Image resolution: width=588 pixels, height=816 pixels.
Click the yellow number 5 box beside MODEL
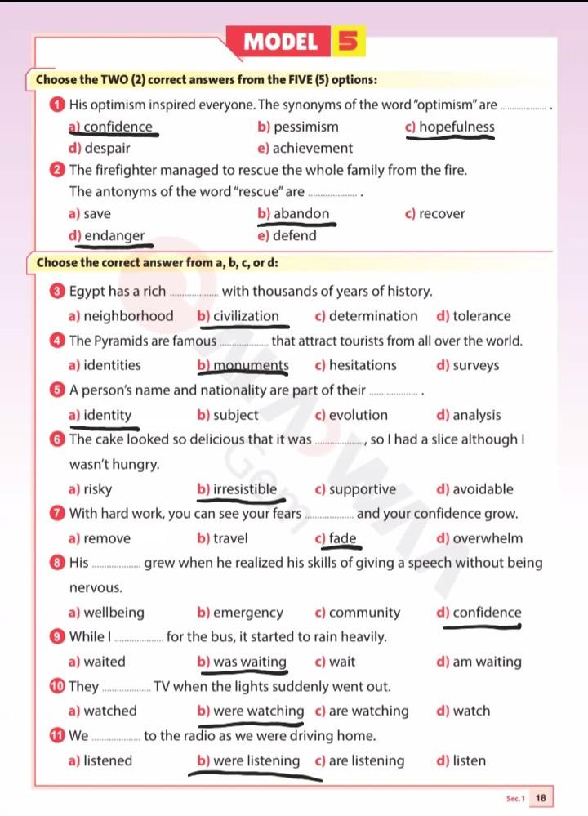click(348, 42)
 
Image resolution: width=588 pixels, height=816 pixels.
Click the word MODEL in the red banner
click(281, 42)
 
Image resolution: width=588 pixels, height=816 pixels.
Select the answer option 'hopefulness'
click(457, 127)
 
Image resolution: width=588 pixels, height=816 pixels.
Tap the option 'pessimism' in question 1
click(305, 127)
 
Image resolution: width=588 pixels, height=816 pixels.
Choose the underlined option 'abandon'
click(301, 214)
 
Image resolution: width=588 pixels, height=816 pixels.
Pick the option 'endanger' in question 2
click(114, 236)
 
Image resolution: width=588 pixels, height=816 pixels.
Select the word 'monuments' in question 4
click(251, 365)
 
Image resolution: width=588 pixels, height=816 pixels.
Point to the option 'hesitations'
click(362, 365)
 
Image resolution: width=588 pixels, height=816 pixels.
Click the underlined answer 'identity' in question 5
click(107, 415)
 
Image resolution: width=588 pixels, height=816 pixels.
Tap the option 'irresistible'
click(244, 489)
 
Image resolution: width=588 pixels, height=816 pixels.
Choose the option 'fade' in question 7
click(342, 538)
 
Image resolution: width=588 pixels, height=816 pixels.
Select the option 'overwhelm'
click(488, 538)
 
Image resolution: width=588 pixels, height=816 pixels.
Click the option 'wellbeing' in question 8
click(114, 613)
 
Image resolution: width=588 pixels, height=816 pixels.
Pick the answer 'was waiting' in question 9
click(249, 662)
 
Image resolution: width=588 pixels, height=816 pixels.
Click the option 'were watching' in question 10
click(258, 711)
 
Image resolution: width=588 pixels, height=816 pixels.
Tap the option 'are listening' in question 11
click(366, 760)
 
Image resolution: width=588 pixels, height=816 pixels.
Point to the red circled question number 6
click(55, 439)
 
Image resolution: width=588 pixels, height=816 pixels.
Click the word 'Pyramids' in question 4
click(121, 341)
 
